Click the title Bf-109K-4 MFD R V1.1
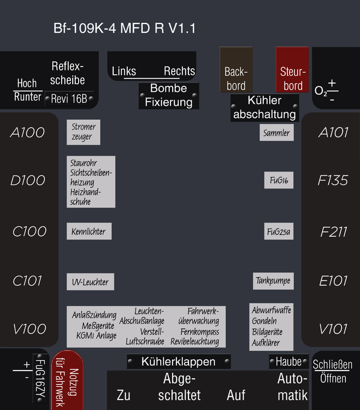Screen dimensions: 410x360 pos(125,28)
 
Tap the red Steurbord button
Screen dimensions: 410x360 pos(292,70)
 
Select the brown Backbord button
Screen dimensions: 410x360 pos(236,70)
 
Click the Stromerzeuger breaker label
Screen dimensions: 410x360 pos(83,132)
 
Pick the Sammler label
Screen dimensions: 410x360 pos(276,132)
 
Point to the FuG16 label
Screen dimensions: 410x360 pos(279,180)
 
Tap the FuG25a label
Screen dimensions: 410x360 pos(279,231)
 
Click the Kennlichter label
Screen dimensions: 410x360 pos(89,231)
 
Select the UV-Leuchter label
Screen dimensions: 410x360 pos(90,282)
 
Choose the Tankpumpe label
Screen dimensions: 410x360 pos(273,281)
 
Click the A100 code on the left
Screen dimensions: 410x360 pos(28,132)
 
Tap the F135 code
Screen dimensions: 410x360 pos(333,180)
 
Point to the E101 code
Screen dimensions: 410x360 pos(333,282)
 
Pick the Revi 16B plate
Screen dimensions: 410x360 pos(69,99)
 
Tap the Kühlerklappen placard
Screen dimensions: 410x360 pos(179,361)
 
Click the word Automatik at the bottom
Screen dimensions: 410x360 pos(292,386)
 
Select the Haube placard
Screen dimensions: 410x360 pos(288,361)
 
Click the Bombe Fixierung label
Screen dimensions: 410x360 pos(169,95)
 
